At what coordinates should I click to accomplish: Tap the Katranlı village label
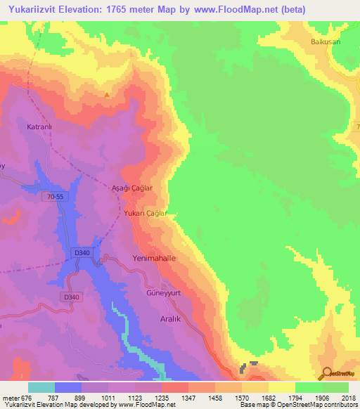39,127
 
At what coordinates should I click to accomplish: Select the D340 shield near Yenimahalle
81,252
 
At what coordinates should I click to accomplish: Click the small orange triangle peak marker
107,95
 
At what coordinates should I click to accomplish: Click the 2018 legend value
348,397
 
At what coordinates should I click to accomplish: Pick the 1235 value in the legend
162,397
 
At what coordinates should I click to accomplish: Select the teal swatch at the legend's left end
41,387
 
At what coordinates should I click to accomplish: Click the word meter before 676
11,397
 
